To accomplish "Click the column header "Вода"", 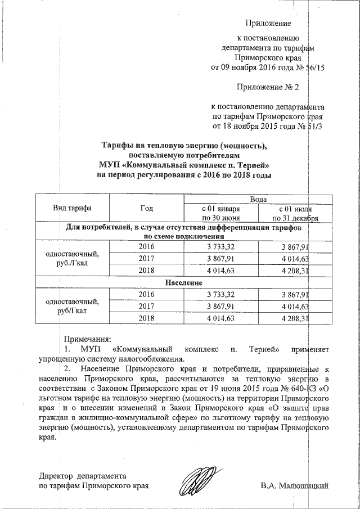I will (250, 199).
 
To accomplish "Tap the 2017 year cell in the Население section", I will (146, 307).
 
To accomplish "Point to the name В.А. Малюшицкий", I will (294, 485).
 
